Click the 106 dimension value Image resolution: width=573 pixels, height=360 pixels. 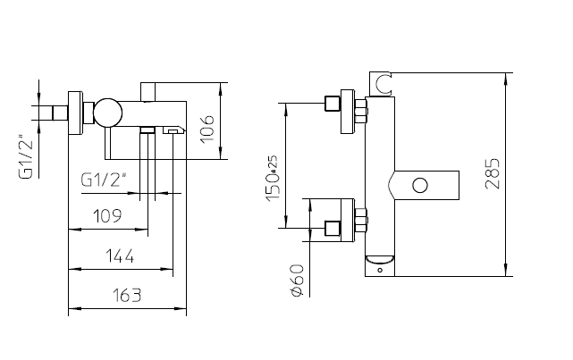(x=207, y=130)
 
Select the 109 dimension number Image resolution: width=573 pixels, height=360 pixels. (x=107, y=216)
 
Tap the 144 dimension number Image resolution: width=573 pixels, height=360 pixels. (x=120, y=256)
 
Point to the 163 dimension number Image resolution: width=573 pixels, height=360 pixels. (x=126, y=296)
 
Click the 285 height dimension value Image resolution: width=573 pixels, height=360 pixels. (x=493, y=173)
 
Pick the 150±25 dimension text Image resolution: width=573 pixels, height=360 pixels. (x=273, y=179)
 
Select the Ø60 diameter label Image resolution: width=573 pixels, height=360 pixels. (x=297, y=280)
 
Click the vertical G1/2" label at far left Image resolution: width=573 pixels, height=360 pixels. (x=26, y=158)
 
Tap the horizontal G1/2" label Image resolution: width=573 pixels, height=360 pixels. (x=104, y=180)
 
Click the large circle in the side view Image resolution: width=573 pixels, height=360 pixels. (x=107, y=113)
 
